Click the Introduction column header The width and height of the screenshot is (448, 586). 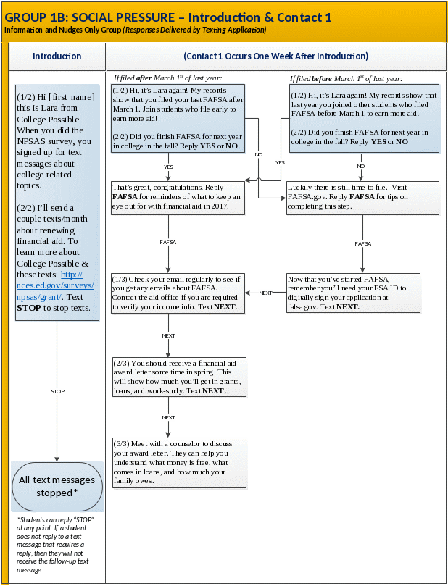pos(57,56)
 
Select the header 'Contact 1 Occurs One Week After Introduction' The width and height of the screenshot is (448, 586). pos(276,56)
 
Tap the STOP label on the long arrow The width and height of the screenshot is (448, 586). pos(57,391)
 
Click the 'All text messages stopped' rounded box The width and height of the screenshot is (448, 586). pos(57,486)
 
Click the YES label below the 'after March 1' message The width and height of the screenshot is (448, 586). pos(168,167)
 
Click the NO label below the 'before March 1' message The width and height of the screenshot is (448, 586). pos(361,167)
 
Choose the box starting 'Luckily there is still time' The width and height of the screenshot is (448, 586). pos(363,197)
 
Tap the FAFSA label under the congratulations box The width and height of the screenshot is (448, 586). pos(169,242)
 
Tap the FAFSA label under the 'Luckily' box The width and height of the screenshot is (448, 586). pos(362,244)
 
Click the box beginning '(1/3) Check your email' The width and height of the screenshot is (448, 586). pos(178,293)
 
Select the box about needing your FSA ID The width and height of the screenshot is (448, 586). pos(363,293)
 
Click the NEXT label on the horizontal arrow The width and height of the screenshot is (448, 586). pos(265,293)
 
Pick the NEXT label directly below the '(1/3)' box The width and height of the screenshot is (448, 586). pos(168,335)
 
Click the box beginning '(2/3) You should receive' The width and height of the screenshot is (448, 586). pos(179,377)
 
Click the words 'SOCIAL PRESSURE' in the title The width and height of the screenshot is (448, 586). pos(99,17)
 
